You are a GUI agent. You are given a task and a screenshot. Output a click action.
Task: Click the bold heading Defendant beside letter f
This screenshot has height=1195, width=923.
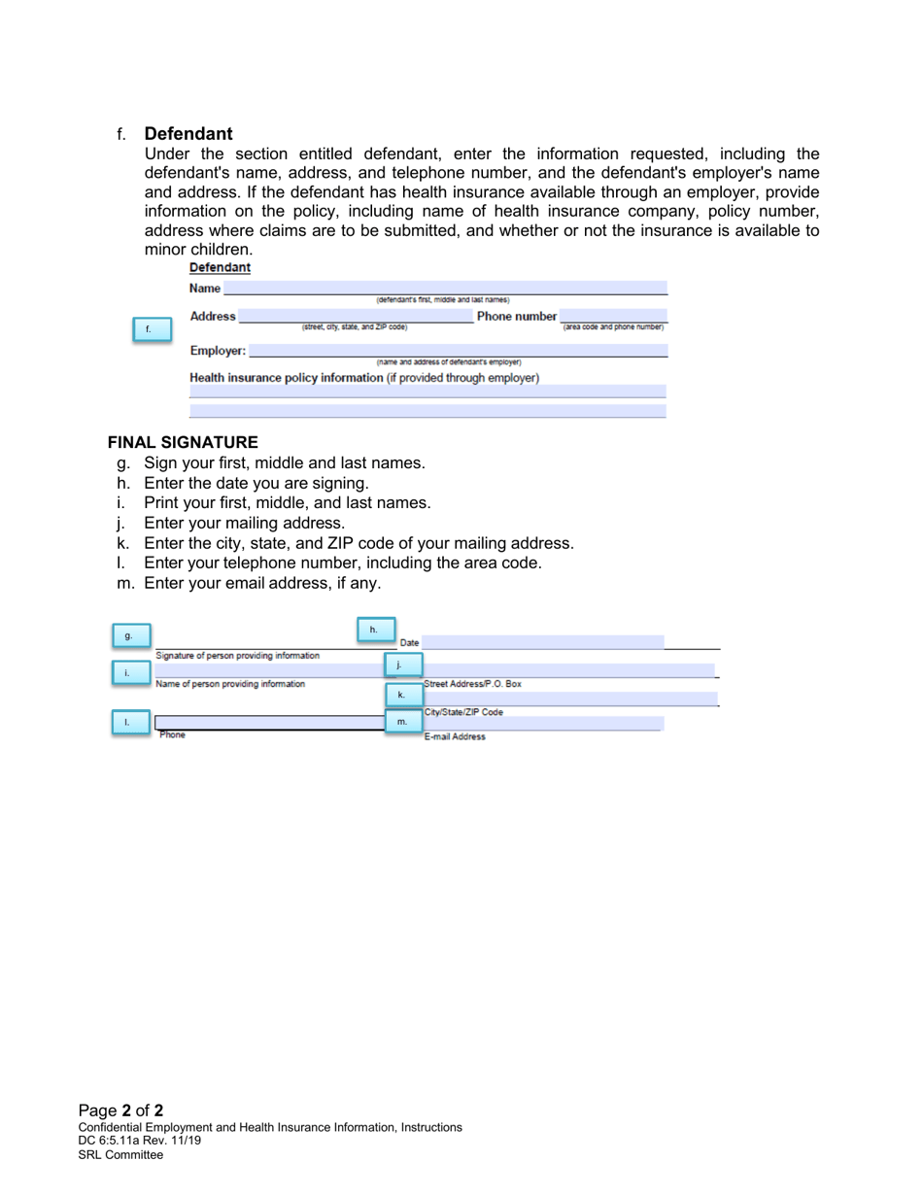click(x=188, y=133)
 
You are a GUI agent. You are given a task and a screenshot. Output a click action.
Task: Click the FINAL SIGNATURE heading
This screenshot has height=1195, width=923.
click(x=183, y=442)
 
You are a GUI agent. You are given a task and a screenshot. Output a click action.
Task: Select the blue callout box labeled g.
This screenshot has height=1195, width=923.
click(x=129, y=635)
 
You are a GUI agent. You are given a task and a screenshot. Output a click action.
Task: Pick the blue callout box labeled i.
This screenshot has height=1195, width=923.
click(x=129, y=671)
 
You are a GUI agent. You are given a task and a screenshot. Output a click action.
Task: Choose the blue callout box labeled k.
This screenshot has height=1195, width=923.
click(x=401, y=695)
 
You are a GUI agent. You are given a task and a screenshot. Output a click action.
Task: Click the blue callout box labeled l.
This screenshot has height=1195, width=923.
click(x=129, y=722)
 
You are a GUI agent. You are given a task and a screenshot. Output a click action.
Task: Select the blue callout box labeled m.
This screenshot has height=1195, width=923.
click(x=402, y=722)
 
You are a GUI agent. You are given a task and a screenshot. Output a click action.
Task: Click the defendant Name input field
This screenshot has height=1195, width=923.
click(x=445, y=288)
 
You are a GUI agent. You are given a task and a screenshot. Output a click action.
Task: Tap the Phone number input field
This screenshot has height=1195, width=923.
click(x=613, y=316)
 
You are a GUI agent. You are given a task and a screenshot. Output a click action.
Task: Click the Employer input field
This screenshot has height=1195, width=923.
click(x=459, y=350)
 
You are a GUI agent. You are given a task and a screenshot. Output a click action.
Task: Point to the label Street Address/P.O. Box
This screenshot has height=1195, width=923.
click(x=472, y=684)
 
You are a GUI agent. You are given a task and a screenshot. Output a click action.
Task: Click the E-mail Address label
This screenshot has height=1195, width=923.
click(x=455, y=737)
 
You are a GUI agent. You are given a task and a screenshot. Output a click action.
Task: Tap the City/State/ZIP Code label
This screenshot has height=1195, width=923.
click(x=463, y=712)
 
